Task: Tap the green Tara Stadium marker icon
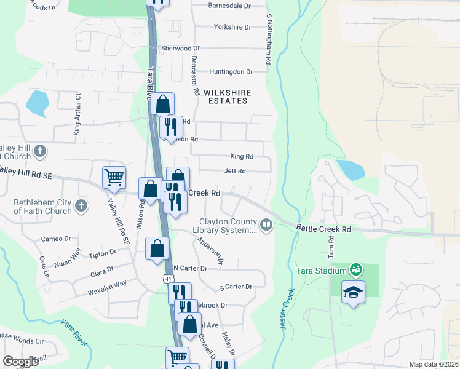point(355,269)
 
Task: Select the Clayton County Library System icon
point(266,225)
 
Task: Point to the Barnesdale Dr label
point(230,6)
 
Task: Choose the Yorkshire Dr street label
point(232,27)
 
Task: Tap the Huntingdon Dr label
point(231,72)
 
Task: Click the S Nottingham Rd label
point(269,39)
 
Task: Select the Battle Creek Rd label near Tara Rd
point(323,229)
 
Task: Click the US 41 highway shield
point(168,279)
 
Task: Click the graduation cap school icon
point(353,292)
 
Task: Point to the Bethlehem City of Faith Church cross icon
point(81,205)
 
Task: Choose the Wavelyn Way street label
point(106,284)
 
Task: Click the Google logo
point(21,362)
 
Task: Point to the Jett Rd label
point(235,171)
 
